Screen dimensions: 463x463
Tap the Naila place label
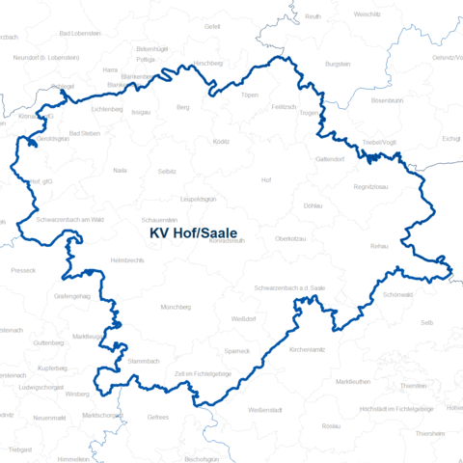click(120, 170)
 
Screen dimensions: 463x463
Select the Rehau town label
click(379, 247)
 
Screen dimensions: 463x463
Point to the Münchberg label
click(177, 307)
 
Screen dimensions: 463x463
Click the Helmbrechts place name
click(128, 260)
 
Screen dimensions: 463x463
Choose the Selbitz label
click(168, 171)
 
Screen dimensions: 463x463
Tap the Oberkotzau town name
click(290, 238)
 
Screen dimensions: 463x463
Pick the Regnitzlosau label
click(370, 186)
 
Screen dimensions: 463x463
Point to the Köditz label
click(222, 142)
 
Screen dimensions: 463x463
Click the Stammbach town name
click(144, 360)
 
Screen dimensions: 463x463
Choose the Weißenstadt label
click(264, 410)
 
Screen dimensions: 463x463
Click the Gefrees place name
click(158, 417)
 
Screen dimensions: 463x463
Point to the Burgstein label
click(338, 64)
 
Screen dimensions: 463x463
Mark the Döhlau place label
click(313, 205)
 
